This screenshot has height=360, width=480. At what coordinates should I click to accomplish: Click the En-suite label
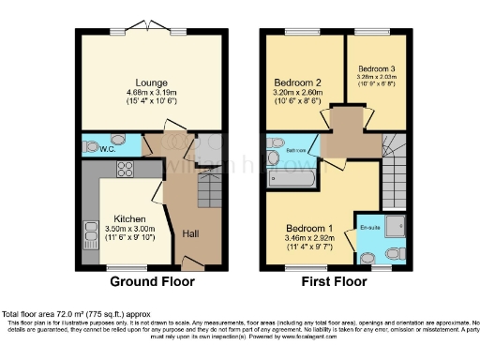(370, 200)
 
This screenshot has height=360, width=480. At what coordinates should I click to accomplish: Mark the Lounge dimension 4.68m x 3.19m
(150, 93)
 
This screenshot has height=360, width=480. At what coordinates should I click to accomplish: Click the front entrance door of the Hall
(189, 268)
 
